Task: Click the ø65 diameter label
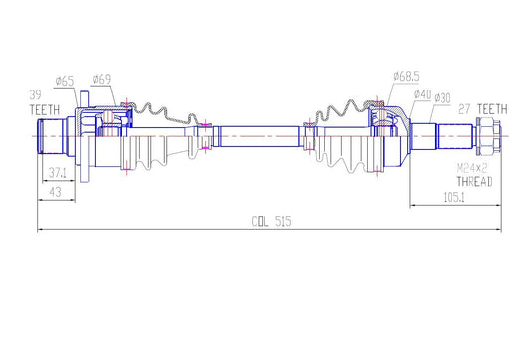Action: (x=65, y=82)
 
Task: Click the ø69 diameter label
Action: (x=102, y=80)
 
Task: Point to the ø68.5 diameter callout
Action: (x=407, y=76)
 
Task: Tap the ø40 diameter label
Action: (x=422, y=94)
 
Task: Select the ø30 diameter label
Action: (x=442, y=98)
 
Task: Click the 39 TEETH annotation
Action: (x=45, y=102)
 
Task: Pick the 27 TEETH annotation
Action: (x=483, y=109)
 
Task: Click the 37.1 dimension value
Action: (x=58, y=173)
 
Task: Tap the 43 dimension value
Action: (x=55, y=192)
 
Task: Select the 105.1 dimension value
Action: (x=454, y=198)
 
